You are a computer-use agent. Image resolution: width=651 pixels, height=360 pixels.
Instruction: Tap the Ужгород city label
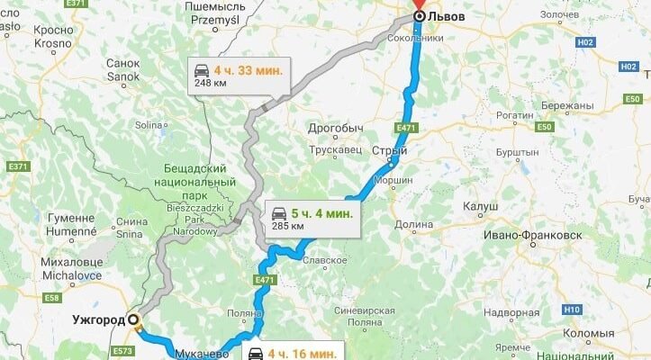point(99,319)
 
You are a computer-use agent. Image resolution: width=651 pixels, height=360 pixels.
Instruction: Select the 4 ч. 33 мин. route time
point(248,69)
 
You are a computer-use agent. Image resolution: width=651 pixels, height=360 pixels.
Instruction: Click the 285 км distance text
point(287,226)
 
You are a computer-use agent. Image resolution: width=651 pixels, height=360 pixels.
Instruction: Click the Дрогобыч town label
point(335,127)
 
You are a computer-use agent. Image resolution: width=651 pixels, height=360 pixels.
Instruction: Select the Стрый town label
point(389,151)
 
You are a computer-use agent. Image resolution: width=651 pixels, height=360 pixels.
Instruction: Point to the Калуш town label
point(480,206)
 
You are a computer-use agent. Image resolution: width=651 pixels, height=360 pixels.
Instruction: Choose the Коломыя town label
point(589,333)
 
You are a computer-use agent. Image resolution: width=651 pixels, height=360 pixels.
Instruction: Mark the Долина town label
point(413,225)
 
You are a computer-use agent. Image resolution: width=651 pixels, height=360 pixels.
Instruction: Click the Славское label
point(324,260)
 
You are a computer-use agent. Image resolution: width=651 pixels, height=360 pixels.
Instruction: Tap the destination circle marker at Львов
point(419,16)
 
